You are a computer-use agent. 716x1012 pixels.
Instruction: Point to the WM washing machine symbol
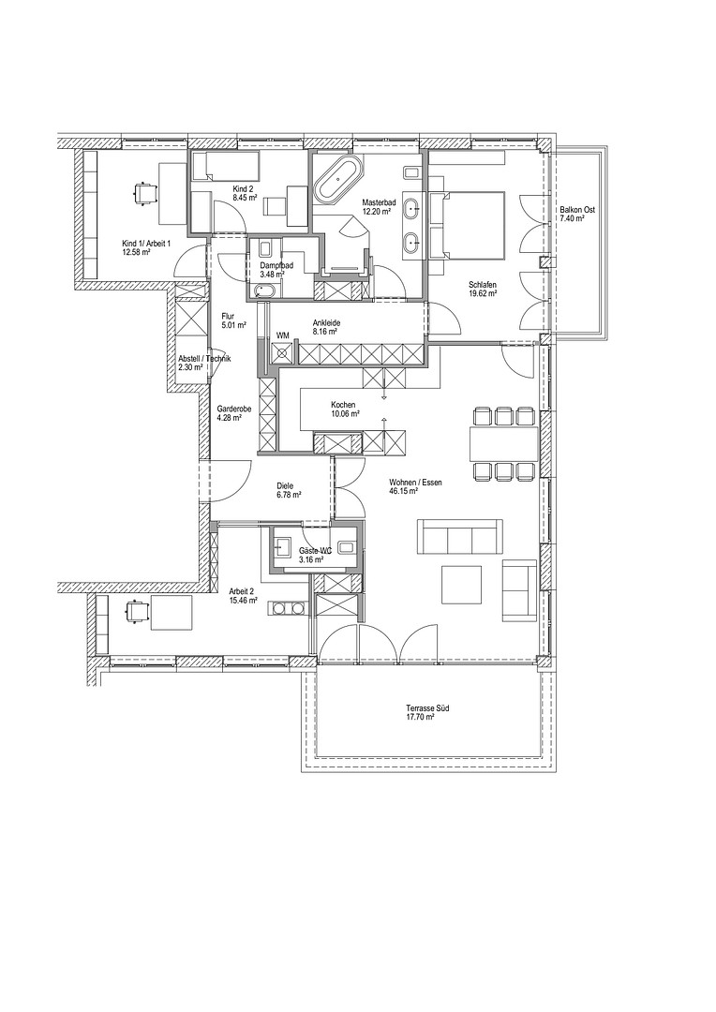(283, 352)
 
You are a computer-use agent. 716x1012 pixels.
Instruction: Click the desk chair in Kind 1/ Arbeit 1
(144, 192)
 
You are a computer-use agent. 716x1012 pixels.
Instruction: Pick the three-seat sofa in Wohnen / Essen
(460, 536)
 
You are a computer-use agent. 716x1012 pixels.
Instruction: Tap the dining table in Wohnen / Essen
(504, 443)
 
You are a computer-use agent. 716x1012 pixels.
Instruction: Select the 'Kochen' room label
(343, 406)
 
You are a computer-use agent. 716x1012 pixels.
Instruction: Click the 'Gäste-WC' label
(315, 551)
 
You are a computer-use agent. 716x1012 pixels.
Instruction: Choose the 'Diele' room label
(284, 486)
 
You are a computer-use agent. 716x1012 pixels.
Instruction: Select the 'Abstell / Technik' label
(204, 360)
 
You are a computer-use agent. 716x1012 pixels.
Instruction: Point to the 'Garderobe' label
(230, 409)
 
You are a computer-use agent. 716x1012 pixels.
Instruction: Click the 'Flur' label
(227, 317)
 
